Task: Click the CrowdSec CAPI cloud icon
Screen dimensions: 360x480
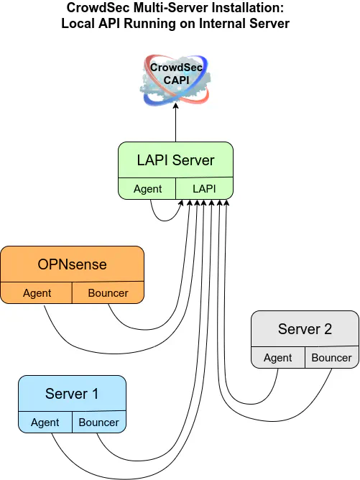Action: (x=176, y=80)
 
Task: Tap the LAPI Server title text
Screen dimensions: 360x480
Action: (x=176, y=160)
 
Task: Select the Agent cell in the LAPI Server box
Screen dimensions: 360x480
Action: (x=147, y=188)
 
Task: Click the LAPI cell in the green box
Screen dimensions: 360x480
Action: (x=204, y=188)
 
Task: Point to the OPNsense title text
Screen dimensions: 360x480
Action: (x=73, y=264)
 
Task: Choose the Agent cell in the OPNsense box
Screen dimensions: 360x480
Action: (x=37, y=293)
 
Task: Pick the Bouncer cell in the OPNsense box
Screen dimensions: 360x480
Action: (x=108, y=293)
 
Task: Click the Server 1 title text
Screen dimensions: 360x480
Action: (x=72, y=394)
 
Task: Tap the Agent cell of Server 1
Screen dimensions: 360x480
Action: (x=45, y=423)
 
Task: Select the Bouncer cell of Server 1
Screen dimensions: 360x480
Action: (x=99, y=423)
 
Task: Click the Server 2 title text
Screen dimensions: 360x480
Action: (x=305, y=329)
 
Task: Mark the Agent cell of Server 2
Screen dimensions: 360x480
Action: (x=278, y=358)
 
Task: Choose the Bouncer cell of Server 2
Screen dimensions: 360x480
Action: (x=332, y=358)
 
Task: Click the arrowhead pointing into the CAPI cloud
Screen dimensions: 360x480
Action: (x=176, y=106)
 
